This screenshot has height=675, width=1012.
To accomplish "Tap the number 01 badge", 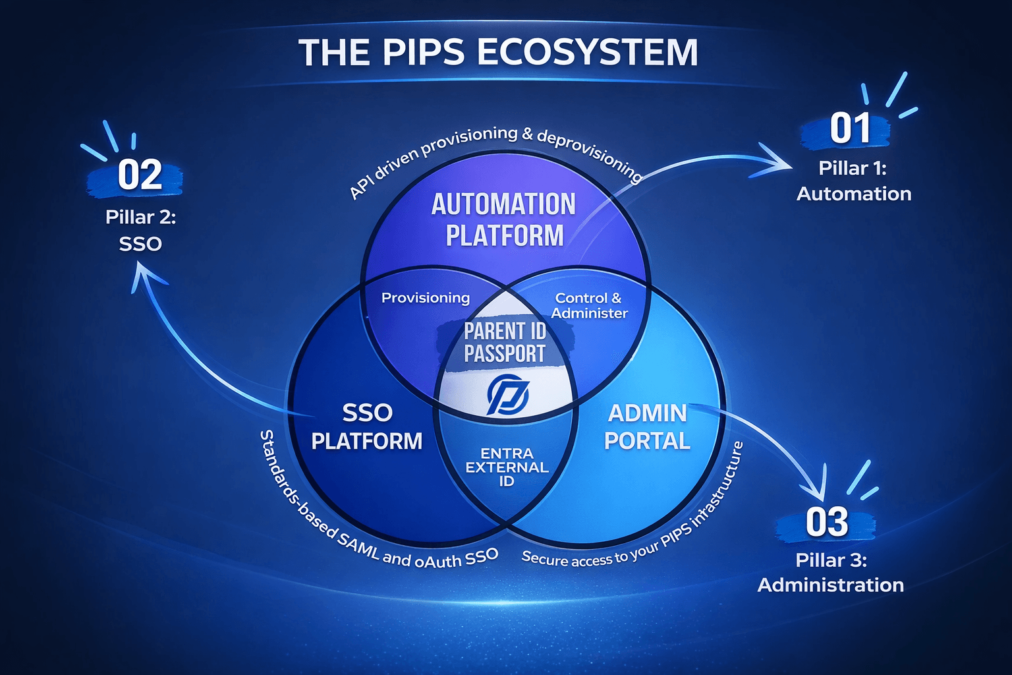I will [x=850, y=129].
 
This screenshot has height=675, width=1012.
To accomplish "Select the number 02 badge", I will [x=140, y=175].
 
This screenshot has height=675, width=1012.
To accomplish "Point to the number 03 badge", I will [x=827, y=523].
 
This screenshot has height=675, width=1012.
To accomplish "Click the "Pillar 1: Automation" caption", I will [x=853, y=181].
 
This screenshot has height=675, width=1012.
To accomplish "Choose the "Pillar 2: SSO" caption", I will [x=140, y=230].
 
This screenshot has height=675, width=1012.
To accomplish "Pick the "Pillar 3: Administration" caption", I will [x=830, y=572].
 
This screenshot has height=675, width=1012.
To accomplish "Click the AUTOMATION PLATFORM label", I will [x=504, y=220].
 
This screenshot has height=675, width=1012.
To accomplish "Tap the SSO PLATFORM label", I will [x=367, y=426].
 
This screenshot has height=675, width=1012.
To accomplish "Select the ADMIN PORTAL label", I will [x=647, y=426].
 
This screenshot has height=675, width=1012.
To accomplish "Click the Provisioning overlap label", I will [x=426, y=298].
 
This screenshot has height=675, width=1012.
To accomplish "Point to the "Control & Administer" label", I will [x=589, y=306].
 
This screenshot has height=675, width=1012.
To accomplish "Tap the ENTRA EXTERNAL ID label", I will [x=507, y=467].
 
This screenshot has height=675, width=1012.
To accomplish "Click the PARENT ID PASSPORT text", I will [x=505, y=342].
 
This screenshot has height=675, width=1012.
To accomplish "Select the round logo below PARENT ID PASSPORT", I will [x=507, y=394].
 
